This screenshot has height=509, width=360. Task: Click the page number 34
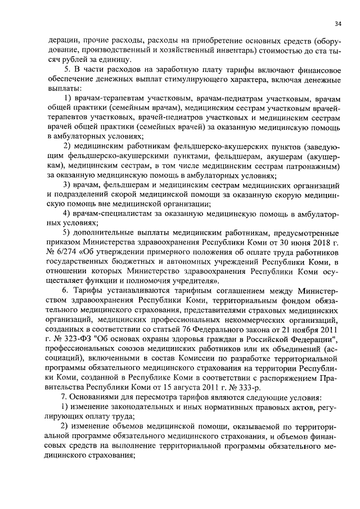(x=337, y=24)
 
